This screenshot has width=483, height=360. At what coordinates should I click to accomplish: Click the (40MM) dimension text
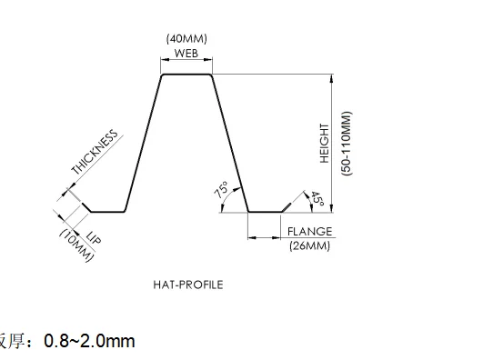[x=186, y=39]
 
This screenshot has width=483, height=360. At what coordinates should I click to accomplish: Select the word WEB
[x=186, y=54]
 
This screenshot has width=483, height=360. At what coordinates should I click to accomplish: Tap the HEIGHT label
[x=325, y=144]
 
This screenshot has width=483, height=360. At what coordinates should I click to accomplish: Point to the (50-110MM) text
[x=347, y=144]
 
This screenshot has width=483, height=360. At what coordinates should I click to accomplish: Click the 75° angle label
[x=221, y=190]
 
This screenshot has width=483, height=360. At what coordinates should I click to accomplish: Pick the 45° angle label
[x=317, y=199]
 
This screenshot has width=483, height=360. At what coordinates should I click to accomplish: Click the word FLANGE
[x=309, y=232]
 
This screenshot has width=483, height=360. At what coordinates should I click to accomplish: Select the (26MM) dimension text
[x=309, y=245]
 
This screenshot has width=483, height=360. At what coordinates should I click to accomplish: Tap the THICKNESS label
[x=95, y=152]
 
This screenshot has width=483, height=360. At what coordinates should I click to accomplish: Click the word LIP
[x=94, y=237]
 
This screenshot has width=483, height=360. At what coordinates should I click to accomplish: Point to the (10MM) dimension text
[x=75, y=245]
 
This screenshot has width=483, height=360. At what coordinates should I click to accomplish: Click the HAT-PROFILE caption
[x=188, y=285]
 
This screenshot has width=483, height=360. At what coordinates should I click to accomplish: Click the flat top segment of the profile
[x=186, y=75]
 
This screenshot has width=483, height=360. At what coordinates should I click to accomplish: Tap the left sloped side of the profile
[x=143, y=144]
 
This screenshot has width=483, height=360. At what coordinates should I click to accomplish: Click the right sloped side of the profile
[x=230, y=144]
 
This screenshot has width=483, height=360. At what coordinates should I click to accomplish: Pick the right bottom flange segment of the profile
[x=266, y=212]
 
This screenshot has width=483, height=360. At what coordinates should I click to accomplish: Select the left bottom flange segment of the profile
[x=107, y=212]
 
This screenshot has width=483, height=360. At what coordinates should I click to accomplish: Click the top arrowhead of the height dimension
[x=331, y=79]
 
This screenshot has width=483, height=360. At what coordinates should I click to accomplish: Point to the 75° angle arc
[x=227, y=195]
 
